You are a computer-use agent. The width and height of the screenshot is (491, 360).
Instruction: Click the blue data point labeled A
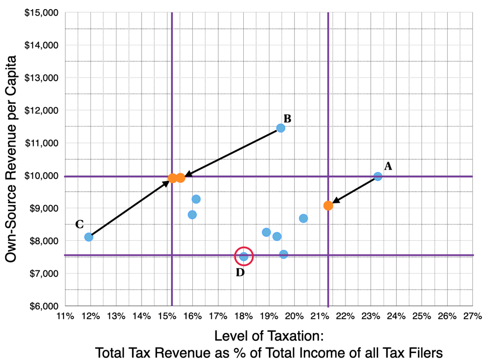click(x=378, y=176)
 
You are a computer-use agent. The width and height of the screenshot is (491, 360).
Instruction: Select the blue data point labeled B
click(x=280, y=128)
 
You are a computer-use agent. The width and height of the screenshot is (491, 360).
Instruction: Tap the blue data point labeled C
click(x=89, y=237)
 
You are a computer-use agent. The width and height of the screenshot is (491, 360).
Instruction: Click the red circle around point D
click(x=244, y=256)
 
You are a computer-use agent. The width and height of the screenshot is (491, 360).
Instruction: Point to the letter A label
click(x=388, y=166)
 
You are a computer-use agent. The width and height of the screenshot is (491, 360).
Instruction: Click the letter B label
click(x=288, y=118)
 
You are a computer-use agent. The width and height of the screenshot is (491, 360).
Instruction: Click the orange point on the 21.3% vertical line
click(x=328, y=205)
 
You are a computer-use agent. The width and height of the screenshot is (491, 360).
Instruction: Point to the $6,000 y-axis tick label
click(x=44, y=306)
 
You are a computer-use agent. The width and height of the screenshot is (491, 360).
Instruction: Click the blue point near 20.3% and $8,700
click(x=303, y=218)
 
